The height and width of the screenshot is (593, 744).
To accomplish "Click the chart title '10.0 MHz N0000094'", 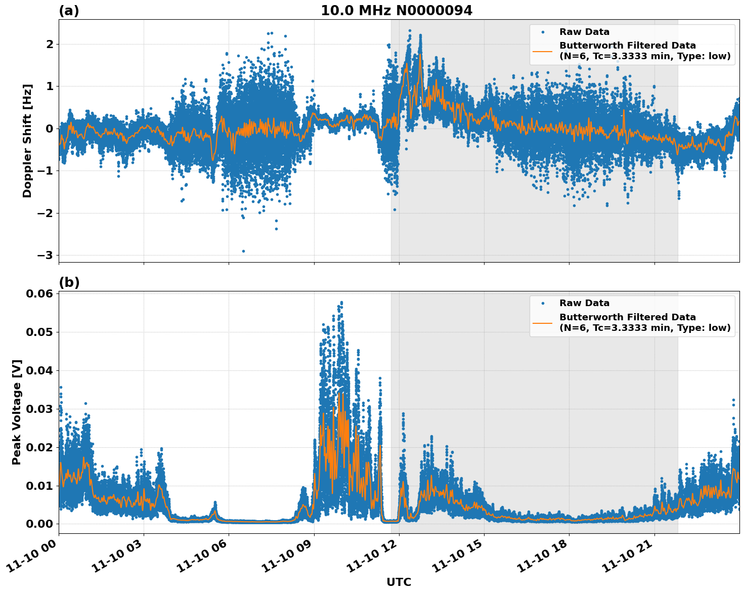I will pos(397,11).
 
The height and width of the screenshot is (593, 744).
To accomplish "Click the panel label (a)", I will pos(69,11).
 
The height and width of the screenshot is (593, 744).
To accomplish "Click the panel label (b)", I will pos(69,282).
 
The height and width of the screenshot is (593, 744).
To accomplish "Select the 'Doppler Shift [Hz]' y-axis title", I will pos(27,141).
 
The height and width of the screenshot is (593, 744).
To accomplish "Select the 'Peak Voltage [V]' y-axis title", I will pos(17,412).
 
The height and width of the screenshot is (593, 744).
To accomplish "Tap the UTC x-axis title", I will pos(399,582).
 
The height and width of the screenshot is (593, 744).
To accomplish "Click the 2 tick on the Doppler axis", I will pos(50,44).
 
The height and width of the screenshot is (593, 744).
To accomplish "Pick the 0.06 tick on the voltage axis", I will pos(40,294).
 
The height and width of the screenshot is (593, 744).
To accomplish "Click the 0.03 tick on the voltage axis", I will pos(40,409).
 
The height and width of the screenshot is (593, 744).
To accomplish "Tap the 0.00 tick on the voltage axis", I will pos(40,524).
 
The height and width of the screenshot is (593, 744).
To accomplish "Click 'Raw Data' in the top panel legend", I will pos(584,32).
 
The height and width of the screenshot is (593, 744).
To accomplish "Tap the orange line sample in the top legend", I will pos(542,51).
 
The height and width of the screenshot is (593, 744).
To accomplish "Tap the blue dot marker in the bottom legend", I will pos(543,303).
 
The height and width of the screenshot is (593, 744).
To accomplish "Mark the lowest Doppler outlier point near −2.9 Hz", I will pos(243,251).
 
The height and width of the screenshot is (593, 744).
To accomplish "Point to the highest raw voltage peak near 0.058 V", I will pos(341,303).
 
